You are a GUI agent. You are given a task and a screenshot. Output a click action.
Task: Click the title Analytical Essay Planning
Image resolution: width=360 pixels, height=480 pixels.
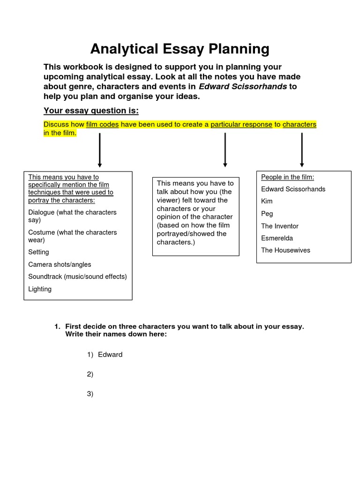coord(180,49)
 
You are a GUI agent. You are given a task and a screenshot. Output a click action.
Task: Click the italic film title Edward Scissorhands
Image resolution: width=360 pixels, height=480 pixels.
coord(242,86)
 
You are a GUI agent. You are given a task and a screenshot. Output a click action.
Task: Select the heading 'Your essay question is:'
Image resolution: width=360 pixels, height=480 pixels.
coord(91,111)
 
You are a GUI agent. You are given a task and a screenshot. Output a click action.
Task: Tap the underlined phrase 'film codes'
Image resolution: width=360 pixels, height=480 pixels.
coord(102,125)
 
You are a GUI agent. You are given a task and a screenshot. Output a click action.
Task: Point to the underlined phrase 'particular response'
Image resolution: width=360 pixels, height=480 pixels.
coord(241,125)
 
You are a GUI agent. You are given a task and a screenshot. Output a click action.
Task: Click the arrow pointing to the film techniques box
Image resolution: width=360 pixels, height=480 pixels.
coord(99,150)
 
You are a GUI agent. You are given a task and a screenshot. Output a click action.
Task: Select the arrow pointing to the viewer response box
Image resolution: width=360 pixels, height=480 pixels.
coord(225,150)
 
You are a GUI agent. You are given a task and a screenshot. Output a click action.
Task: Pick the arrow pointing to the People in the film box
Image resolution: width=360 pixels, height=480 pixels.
coord(302,150)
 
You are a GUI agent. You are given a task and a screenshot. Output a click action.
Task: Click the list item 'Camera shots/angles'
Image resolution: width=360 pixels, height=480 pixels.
coord(60,264)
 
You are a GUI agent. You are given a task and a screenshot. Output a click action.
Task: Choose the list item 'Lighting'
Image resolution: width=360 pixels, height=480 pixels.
coord(40,289)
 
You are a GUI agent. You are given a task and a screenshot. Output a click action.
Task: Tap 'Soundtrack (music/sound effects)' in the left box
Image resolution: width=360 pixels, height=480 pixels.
coord(77,277)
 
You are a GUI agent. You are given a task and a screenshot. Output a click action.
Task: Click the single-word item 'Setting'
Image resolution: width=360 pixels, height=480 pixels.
coord(38,252)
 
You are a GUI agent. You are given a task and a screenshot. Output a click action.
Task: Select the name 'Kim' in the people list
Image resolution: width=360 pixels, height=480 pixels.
coord(267,201)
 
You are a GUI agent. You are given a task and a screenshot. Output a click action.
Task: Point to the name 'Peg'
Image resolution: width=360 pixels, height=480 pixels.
coord(267,214)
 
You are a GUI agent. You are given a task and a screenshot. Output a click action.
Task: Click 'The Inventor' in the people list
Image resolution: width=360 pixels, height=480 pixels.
coord(279,226)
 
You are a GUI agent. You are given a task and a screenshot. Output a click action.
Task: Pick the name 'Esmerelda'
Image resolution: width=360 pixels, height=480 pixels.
coord(277,238)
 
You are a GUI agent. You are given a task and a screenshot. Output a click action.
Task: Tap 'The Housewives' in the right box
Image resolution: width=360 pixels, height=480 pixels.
coord(285,250)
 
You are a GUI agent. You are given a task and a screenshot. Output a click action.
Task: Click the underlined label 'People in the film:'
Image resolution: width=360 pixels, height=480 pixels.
coord(287,177)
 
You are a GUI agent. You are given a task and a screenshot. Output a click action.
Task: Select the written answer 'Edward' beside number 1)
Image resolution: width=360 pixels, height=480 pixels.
coord(110,354)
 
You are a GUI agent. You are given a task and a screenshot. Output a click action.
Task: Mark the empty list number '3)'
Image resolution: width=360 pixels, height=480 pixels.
coord(90,394)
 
